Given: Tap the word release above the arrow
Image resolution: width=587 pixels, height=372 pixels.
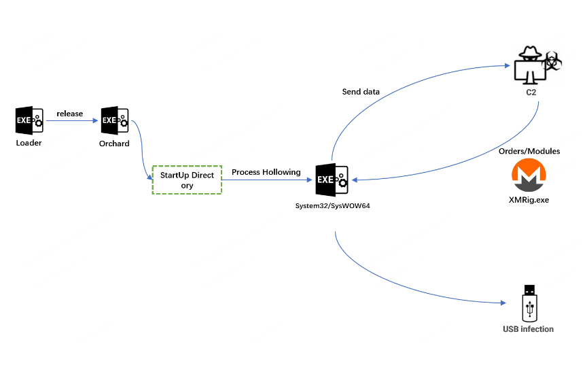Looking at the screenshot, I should [x=70, y=113].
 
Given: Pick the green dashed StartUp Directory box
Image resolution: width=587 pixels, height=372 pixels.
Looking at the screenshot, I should [x=187, y=180].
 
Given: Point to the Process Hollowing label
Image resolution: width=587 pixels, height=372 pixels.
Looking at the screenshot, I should [x=266, y=172].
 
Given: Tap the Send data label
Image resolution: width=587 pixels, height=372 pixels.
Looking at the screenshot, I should [x=361, y=91].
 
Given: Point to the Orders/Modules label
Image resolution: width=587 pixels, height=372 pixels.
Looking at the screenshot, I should [x=534, y=151].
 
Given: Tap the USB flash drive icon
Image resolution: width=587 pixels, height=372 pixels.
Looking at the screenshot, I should [x=529, y=303].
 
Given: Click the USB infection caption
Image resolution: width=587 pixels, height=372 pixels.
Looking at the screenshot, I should [x=528, y=329].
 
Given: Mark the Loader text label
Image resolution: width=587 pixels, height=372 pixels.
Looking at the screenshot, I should [x=29, y=143].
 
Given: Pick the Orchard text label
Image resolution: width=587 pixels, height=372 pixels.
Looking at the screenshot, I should [x=114, y=143].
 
